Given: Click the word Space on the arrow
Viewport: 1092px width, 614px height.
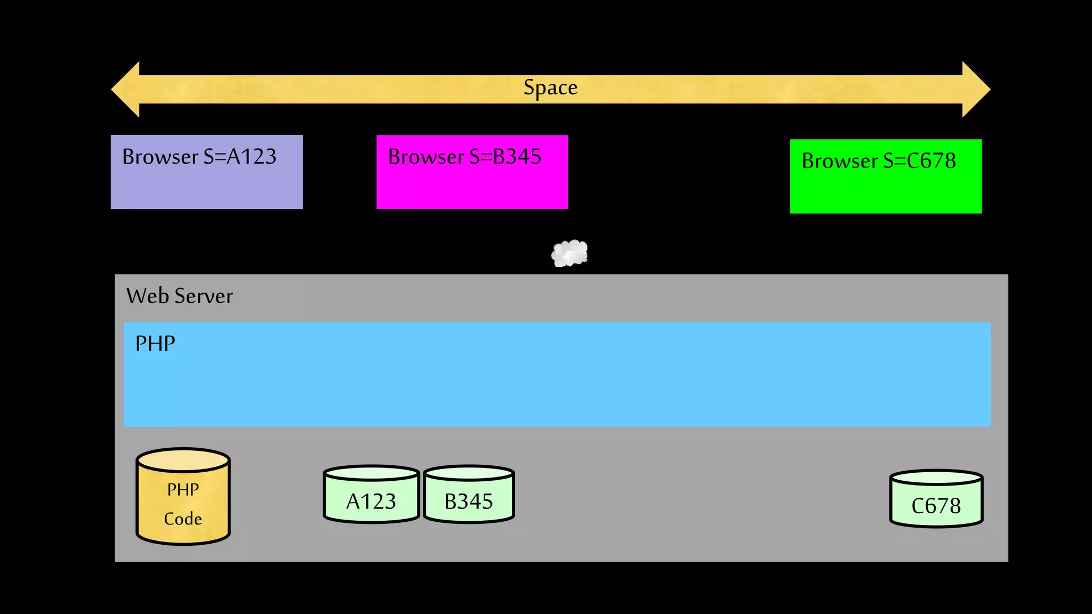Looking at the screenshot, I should point(550,88).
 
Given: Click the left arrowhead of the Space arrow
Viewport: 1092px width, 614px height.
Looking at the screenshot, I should point(126,90).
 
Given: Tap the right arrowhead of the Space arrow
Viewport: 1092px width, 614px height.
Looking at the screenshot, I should point(975,90).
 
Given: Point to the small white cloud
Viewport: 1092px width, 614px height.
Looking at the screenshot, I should point(569,254).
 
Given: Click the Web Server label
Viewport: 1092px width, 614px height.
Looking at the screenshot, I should point(180,296).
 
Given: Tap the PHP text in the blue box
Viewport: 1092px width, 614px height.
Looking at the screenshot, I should point(155,344).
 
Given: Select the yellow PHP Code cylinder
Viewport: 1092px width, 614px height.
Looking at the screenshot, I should point(183,501).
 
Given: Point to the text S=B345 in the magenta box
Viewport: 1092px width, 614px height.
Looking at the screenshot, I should point(505,157).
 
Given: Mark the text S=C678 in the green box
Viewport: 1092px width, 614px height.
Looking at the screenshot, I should point(919,161).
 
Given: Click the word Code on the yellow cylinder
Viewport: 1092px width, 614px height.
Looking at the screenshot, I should point(183,519).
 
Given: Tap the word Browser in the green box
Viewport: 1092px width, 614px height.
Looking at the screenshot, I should point(840,161).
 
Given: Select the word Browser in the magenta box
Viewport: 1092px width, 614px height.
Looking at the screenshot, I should point(426,157).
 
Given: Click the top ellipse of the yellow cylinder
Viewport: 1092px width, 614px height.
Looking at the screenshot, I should point(183,459).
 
